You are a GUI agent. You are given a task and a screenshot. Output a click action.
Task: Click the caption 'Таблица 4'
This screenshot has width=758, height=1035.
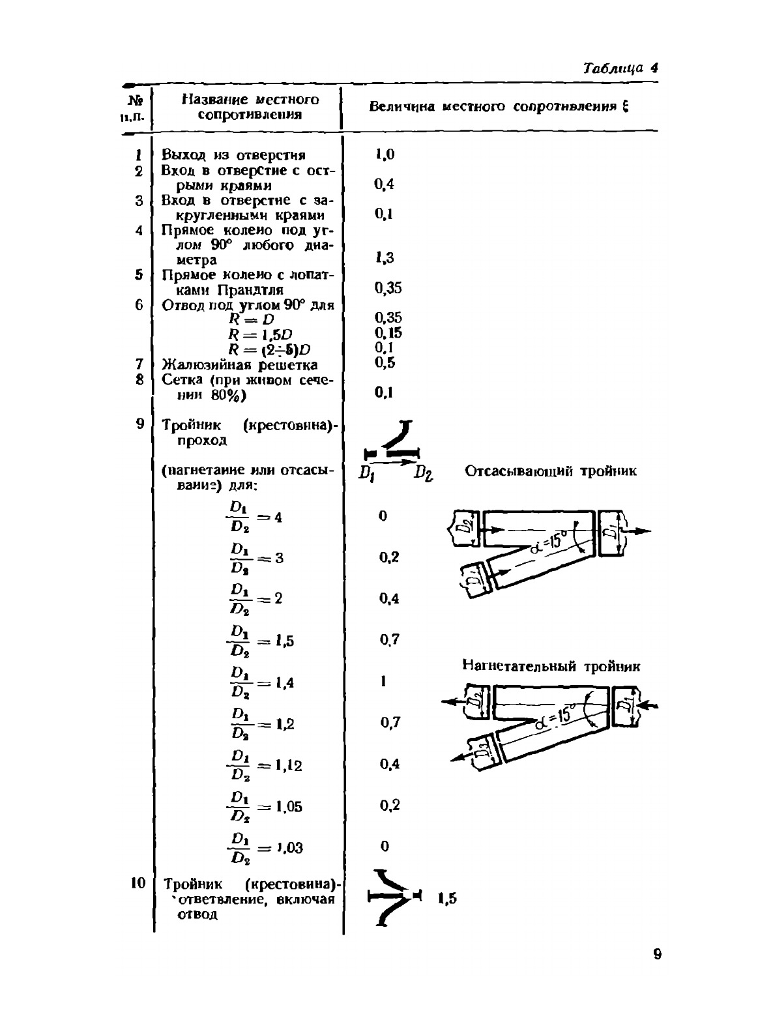(x=620, y=68)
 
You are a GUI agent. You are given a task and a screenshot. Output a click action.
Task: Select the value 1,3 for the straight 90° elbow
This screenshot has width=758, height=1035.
(x=385, y=258)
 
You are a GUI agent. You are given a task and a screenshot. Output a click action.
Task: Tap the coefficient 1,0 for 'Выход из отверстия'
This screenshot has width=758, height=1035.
(x=385, y=154)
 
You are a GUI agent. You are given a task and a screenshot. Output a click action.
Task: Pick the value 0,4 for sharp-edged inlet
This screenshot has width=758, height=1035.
(x=385, y=184)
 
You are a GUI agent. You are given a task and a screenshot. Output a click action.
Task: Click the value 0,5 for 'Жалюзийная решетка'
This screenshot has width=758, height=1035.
(x=385, y=363)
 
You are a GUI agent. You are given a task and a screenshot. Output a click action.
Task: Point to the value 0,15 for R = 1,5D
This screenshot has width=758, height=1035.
(x=388, y=333)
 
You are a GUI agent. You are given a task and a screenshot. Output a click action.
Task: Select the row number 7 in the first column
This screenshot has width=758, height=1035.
(x=139, y=363)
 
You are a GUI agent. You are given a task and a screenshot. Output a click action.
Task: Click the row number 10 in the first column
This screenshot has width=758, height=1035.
(x=138, y=883)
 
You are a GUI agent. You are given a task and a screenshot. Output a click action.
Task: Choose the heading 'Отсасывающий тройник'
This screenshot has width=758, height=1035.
(x=551, y=471)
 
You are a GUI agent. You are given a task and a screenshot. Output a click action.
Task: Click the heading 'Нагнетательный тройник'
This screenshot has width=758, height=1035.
(x=551, y=666)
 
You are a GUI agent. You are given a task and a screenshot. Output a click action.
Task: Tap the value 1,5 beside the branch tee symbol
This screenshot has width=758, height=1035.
(x=447, y=899)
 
